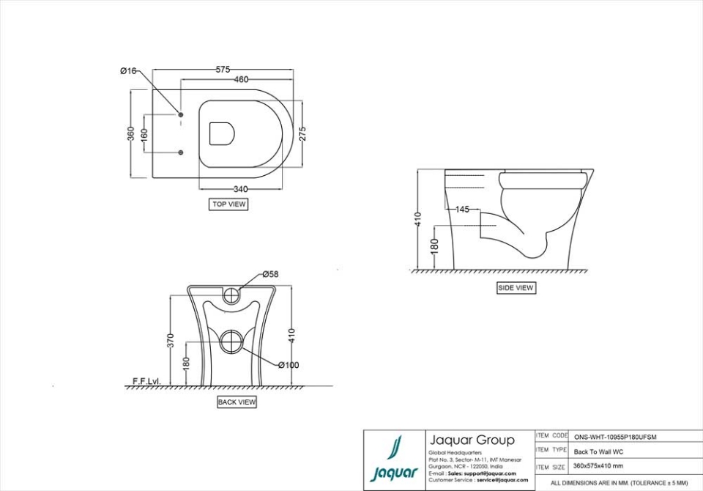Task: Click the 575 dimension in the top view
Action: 223,70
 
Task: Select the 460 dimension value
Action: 241,79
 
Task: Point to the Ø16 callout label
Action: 128,70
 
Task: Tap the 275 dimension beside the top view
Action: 302,133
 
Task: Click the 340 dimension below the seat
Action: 239,189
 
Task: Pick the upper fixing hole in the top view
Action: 181,114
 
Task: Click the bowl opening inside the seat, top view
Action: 222,133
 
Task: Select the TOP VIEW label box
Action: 228,204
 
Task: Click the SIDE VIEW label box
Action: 516,288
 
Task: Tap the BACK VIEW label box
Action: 237,402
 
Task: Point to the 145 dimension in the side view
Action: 462,210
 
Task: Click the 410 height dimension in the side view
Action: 417,219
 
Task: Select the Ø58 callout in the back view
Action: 270,275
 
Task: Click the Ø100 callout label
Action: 288,365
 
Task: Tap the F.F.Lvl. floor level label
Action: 146,381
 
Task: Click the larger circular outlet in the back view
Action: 233,342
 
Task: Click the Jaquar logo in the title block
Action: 394,460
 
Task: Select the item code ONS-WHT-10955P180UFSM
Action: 614,437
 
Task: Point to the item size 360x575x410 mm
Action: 598,466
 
